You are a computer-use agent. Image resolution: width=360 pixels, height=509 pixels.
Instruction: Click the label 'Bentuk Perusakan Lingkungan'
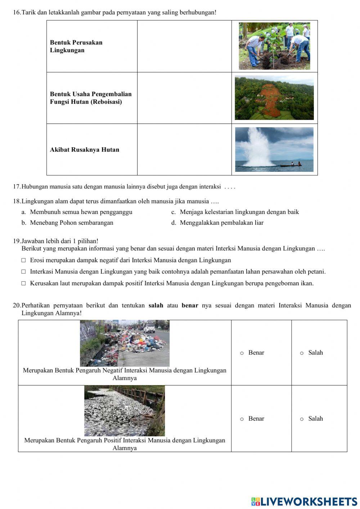(76, 46)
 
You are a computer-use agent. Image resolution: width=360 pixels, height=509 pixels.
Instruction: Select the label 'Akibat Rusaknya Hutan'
(85, 150)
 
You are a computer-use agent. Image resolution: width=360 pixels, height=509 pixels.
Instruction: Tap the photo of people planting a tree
(274, 46)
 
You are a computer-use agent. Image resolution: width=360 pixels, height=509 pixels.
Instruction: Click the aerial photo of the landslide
(274, 98)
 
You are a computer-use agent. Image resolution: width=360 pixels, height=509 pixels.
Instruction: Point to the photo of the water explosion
(274, 149)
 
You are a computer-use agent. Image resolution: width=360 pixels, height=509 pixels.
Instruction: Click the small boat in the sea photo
(291, 165)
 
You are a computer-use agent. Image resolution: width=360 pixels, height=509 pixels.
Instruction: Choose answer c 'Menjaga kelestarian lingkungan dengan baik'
(239, 212)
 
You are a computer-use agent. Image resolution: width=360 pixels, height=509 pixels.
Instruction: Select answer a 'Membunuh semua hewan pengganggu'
(81, 212)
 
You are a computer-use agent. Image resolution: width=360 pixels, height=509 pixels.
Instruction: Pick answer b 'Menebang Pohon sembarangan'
(71, 223)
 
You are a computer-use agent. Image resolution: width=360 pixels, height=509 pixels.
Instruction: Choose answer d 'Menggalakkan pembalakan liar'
(221, 223)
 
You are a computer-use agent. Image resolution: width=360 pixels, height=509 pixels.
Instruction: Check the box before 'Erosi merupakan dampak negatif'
(24, 260)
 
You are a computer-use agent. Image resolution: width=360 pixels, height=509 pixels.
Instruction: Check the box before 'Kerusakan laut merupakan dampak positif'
(24, 283)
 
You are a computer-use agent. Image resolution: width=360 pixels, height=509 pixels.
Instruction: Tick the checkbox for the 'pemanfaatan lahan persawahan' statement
(24, 272)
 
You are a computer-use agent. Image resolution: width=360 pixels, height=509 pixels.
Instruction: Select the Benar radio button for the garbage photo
(242, 353)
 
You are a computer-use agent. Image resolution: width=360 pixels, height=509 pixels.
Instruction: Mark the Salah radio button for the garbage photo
(302, 353)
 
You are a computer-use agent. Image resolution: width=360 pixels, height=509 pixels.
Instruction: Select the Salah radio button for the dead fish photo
(302, 419)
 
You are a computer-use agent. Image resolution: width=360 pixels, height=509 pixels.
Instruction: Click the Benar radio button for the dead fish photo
(242, 419)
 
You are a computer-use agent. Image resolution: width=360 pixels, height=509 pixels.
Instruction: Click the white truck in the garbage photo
(149, 328)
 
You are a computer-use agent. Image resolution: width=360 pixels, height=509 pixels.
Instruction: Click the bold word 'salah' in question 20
(156, 305)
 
